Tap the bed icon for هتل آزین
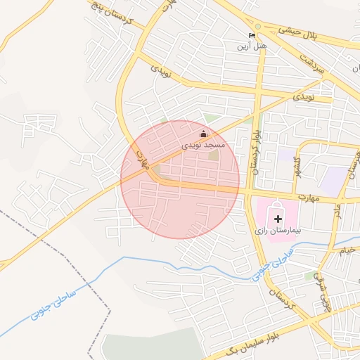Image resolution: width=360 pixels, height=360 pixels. (252, 34)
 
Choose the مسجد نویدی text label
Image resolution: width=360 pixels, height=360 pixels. (203, 143)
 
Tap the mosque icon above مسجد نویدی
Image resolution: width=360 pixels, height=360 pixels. (204, 134)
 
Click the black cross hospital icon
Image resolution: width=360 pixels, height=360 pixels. (278, 219)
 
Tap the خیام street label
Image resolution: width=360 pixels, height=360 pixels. (348, 250)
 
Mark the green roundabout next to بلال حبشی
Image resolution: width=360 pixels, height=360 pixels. (257, 26)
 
